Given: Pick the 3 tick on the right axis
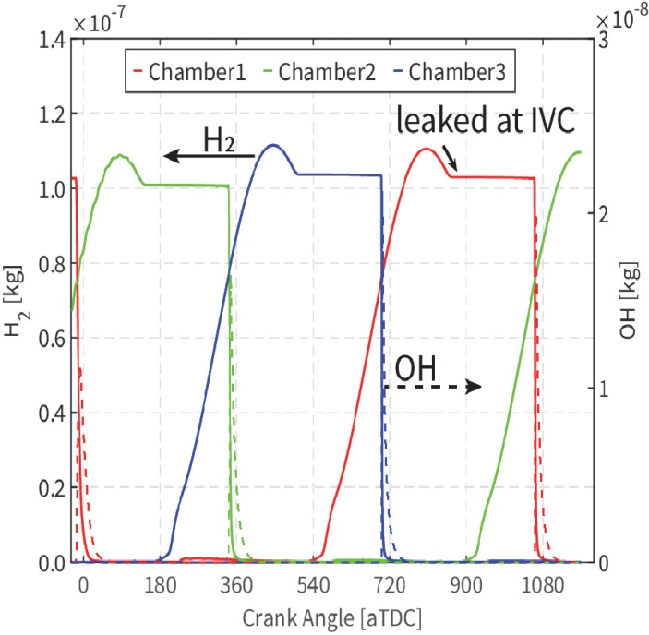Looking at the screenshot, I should pos(602,40).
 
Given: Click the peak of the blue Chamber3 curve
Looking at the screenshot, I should pos(271,145).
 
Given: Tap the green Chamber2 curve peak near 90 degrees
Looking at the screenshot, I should pos(121,155).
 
